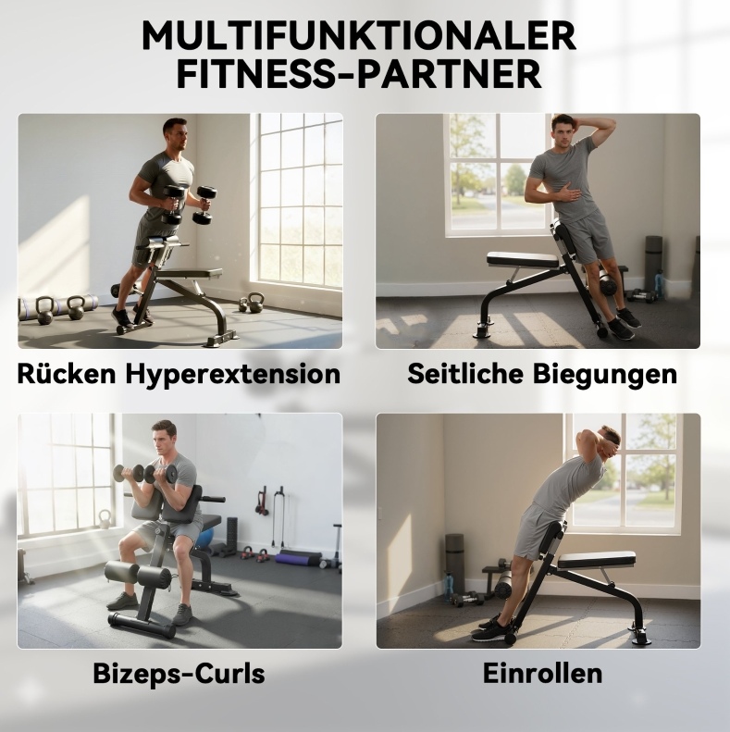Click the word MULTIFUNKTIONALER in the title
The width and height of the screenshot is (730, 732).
pyautogui.click(x=358, y=35)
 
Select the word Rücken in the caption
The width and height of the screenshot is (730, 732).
pyautogui.click(x=67, y=374)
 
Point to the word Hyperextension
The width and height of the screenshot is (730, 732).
pyautogui.click(x=233, y=375)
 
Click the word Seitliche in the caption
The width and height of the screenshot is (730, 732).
pyautogui.click(x=465, y=374)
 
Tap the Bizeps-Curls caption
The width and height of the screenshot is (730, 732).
pyautogui.click(x=179, y=674)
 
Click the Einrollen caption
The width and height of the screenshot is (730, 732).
pyautogui.click(x=542, y=673)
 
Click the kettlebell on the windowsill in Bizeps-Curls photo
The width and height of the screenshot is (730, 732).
pyautogui.click(x=105, y=519)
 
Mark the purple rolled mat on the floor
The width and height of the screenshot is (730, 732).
pyautogui.click(x=299, y=558)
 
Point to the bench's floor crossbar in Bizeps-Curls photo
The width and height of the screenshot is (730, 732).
pyautogui.click(x=142, y=626)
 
